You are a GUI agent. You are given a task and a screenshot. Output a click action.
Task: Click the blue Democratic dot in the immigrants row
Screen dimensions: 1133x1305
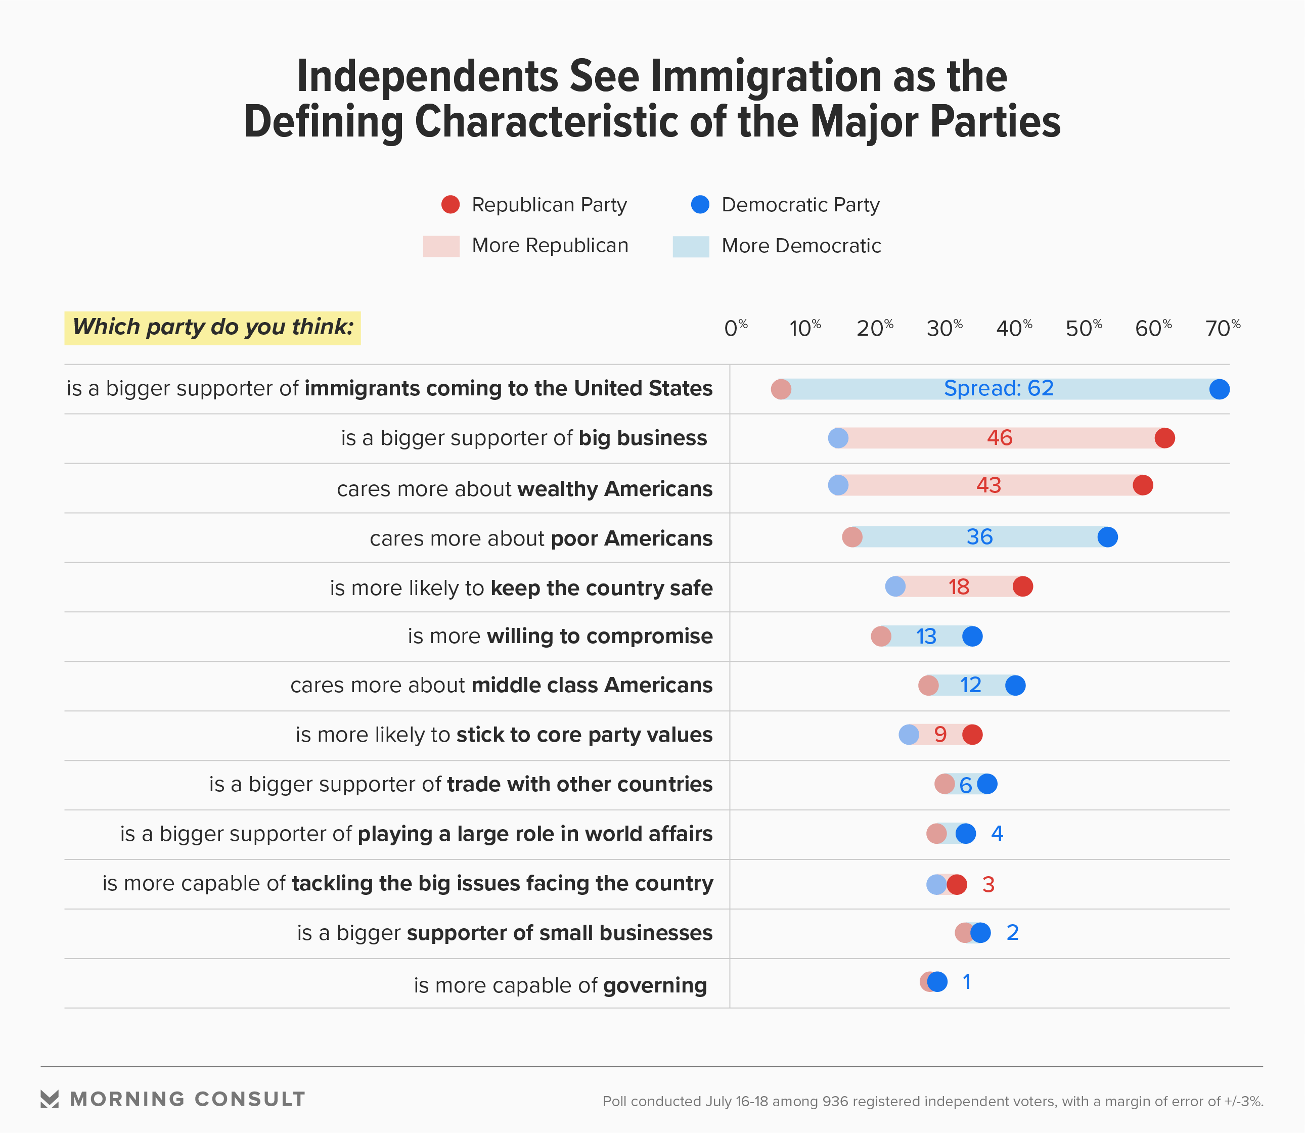(x=1219, y=389)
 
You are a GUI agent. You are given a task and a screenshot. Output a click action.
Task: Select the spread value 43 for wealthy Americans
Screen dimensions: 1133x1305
(x=988, y=485)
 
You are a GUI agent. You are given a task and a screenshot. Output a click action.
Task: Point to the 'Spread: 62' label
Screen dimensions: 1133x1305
(x=999, y=388)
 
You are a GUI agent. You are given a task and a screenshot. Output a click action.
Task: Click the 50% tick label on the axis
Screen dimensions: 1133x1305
(x=1084, y=328)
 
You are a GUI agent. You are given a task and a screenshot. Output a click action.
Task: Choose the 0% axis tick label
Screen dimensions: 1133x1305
(x=735, y=328)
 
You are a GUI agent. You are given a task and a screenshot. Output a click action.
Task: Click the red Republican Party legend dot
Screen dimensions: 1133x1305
(x=450, y=205)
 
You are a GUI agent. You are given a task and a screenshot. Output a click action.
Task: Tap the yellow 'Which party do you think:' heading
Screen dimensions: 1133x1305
(x=212, y=328)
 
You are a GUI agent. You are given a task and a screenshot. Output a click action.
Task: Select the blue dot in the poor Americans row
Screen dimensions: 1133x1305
(x=1107, y=537)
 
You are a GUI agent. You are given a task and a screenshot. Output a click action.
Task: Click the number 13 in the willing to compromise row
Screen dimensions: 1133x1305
(x=926, y=637)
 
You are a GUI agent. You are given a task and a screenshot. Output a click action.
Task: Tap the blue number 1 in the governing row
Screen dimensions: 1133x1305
(x=966, y=982)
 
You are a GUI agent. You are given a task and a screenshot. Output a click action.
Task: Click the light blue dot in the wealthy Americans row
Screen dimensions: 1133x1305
(x=838, y=485)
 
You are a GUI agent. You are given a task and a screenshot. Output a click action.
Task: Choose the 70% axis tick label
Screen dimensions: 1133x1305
(x=1223, y=328)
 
